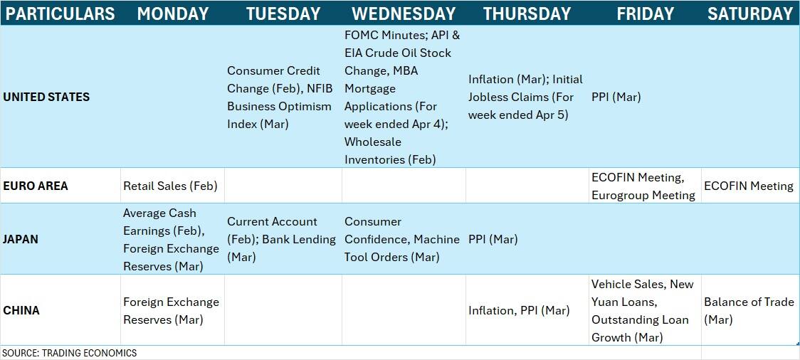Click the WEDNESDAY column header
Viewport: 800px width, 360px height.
point(403,14)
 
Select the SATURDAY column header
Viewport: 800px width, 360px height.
point(750,14)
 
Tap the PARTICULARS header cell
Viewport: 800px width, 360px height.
point(60,14)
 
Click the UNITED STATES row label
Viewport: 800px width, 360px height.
point(46,97)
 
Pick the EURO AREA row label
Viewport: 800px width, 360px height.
point(36,186)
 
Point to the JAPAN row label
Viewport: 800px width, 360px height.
point(21,239)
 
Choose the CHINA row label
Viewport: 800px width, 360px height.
point(21,310)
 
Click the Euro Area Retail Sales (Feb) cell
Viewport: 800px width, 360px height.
point(170,186)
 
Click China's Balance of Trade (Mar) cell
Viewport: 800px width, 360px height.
point(749,310)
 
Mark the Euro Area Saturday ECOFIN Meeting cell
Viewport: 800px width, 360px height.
point(749,186)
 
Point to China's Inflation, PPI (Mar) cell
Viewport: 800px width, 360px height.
point(519,310)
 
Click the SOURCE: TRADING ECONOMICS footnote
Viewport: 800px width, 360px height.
point(69,353)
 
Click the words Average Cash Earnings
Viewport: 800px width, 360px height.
point(159,222)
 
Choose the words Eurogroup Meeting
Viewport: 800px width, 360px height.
point(643,196)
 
